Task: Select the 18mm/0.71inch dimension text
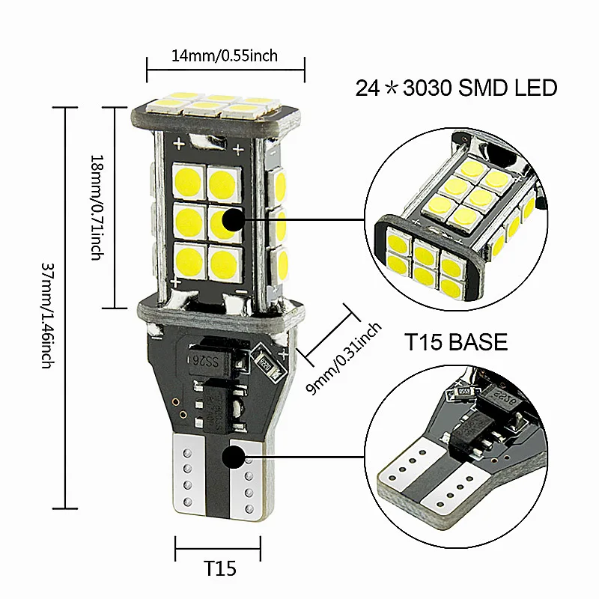[96, 207]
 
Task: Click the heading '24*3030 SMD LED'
[456, 88]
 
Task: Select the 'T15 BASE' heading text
[456, 343]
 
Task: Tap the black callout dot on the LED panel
[234, 221]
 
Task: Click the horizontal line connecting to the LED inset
[307, 221]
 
